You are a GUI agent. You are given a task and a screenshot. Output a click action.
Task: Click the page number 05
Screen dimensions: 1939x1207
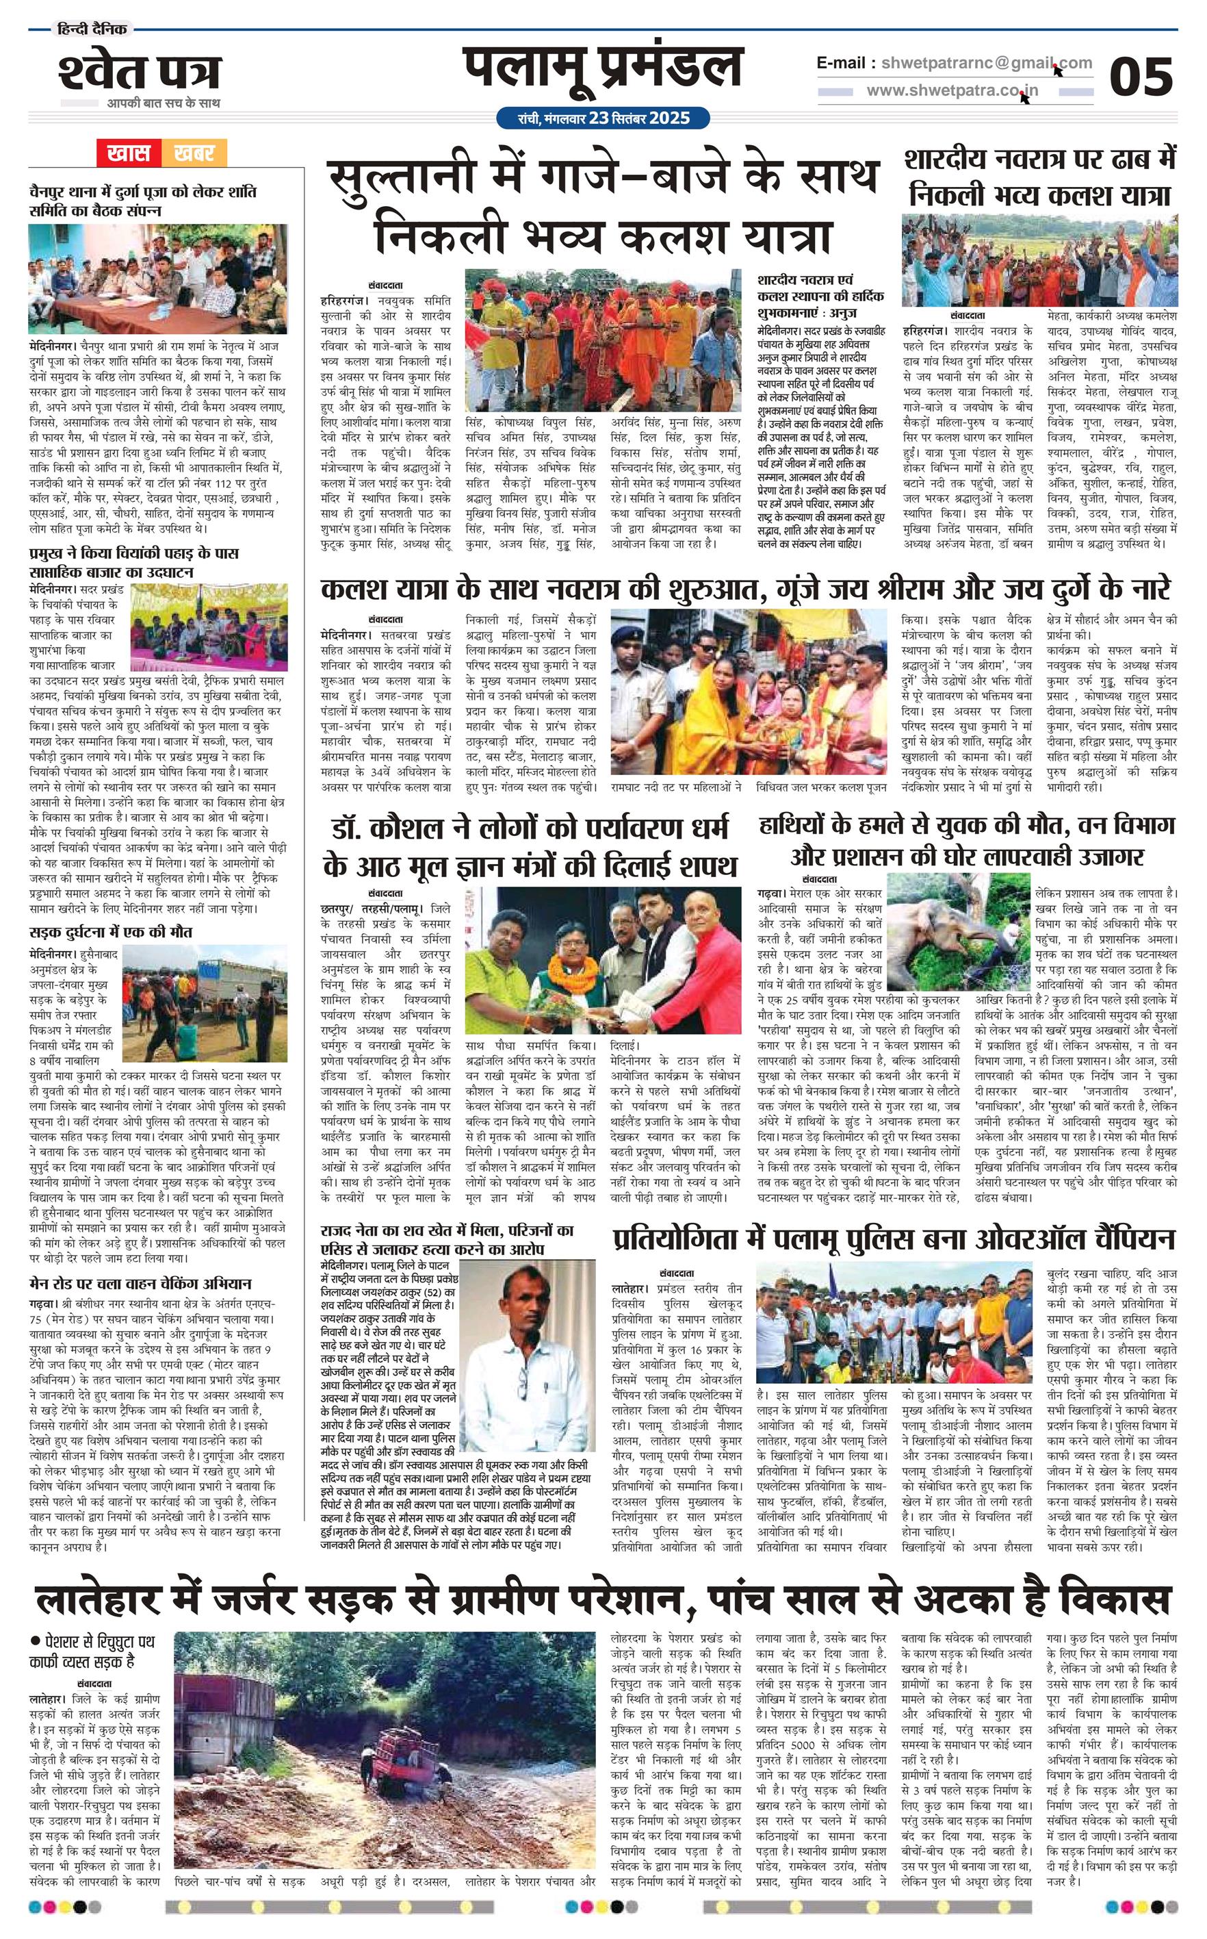coord(1141,77)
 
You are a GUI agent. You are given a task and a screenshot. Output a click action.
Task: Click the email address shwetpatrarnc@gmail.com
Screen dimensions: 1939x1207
coord(982,63)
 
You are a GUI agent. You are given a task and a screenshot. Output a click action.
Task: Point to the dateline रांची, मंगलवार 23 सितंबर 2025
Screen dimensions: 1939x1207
coord(603,118)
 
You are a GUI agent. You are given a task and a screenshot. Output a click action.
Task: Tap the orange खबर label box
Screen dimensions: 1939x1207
coord(194,153)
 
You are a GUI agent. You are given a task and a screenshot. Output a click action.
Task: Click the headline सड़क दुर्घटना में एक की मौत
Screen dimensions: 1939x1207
coord(111,932)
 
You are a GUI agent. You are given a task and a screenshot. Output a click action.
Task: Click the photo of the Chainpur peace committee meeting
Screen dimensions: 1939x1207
coord(158,283)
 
